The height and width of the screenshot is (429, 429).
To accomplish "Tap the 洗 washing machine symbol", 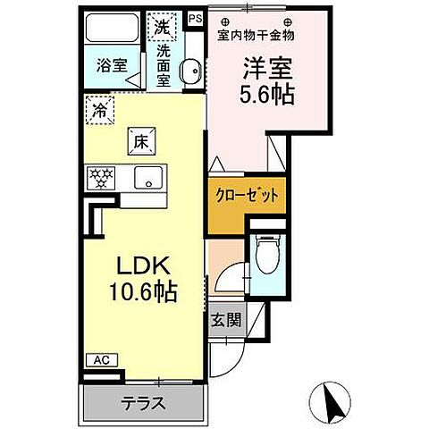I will point(162,26).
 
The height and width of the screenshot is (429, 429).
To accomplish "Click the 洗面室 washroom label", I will point(164,66).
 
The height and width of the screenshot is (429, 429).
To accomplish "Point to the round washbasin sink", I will point(189,74).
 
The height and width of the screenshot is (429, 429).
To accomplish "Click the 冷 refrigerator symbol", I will point(100,111).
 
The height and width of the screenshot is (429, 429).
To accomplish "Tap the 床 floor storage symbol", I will point(141,139).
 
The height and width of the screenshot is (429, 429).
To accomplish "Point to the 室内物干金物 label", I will point(256,35).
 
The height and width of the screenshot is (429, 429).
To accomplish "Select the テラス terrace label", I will point(142,403).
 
